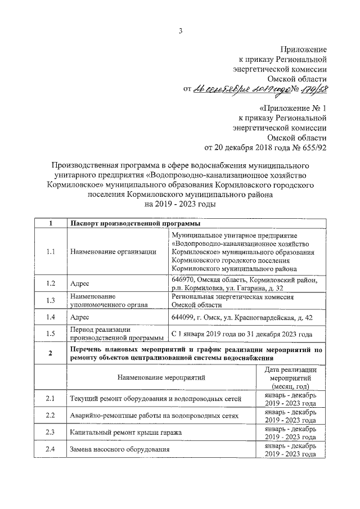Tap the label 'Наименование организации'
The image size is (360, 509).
tap(112, 251)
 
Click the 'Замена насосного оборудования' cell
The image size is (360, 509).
tap(119, 449)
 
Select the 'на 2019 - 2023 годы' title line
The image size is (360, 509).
tap(180, 205)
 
